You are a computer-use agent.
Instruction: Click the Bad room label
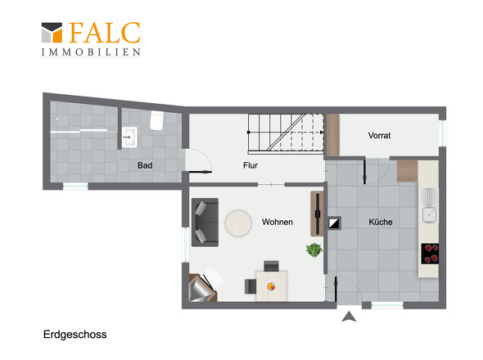pos(145,165)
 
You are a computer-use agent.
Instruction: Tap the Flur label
pos(251,165)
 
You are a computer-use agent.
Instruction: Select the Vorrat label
pos(379,135)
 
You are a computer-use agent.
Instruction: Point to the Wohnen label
pos(278,222)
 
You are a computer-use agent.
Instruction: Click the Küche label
pos(381,222)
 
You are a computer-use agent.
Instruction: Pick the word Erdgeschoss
pos(74,335)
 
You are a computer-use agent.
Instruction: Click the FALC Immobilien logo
pos(91,39)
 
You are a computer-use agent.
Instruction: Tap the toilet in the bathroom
pos(157,120)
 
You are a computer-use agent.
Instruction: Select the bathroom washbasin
pos(129,137)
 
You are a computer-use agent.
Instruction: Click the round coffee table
pos(238,223)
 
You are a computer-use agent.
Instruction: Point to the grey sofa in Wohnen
pos(205,222)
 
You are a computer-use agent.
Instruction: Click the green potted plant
pos(314,250)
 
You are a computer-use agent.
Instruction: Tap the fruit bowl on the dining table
pos(271,286)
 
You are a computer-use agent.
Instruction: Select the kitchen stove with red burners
pos(430,254)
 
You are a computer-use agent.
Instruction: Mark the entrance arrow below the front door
pos(349,317)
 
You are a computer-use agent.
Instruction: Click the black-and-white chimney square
pos(334,223)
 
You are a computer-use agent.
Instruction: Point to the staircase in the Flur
pos(287,133)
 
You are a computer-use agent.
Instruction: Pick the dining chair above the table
pos(271,266)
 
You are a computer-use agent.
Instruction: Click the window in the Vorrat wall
pos(443,133)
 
